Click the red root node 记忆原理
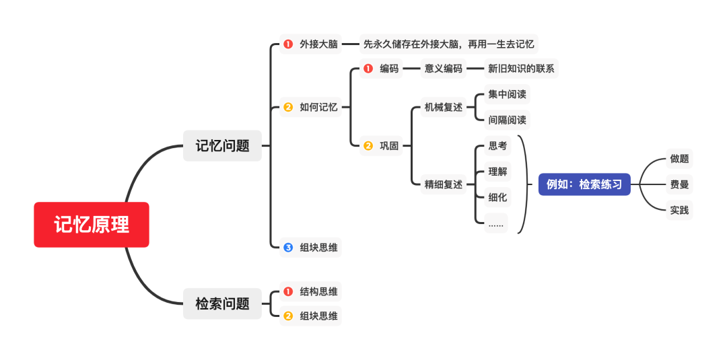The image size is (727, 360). click(92, 225)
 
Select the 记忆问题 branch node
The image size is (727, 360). click(222, 145)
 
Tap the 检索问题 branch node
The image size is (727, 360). click(222, 303)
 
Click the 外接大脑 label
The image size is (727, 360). click(318, 44)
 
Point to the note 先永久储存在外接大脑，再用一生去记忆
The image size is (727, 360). click(448, 44)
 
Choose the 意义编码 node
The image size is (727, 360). click(443, 68)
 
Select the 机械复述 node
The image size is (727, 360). click(443, 107)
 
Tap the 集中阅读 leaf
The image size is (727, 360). click(507, 94)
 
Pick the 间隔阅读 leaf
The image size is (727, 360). click(507, 120)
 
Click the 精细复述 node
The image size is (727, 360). click(443, 184)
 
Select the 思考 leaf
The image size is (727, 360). click(497, 145)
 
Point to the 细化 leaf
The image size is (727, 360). click(497, 197)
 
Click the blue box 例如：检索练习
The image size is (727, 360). click(584, 184)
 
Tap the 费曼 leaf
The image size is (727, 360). click(679, 184)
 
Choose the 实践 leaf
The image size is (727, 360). click(679, 210)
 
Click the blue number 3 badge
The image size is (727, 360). click(288, 248)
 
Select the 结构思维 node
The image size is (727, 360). click(318, 291)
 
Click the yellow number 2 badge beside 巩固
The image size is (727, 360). click(368, 145)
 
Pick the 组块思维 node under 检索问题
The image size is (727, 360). click(318, 316)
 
